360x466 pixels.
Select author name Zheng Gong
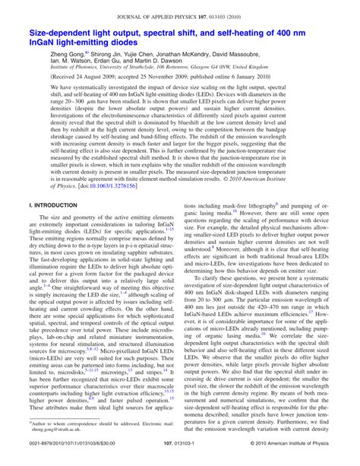click(66, 59)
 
